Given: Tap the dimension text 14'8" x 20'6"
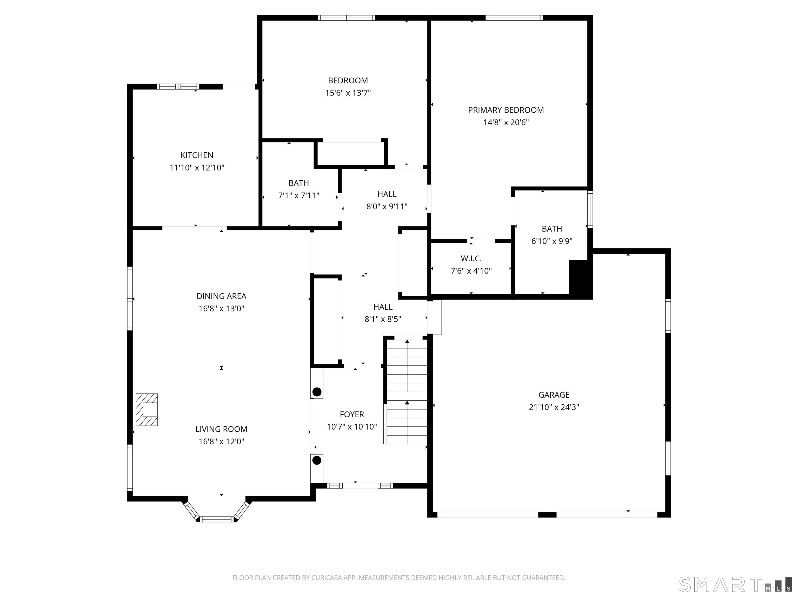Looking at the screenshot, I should (506, 123).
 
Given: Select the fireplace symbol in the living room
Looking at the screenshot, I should (147, 410).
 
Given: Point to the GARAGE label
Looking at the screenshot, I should (554, 395).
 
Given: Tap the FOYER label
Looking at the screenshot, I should (352, 414).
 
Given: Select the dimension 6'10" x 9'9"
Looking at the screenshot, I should (551, 241).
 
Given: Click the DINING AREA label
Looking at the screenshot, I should (221, 296).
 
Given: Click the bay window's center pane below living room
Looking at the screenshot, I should (217, 519).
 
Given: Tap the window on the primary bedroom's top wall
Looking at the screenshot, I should (514, 18).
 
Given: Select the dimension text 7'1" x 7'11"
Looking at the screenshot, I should (299, 195).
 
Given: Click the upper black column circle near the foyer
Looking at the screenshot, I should (317, 392).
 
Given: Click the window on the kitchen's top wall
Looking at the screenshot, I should (178, 86).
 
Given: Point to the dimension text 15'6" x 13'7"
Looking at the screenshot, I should (348, 93).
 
